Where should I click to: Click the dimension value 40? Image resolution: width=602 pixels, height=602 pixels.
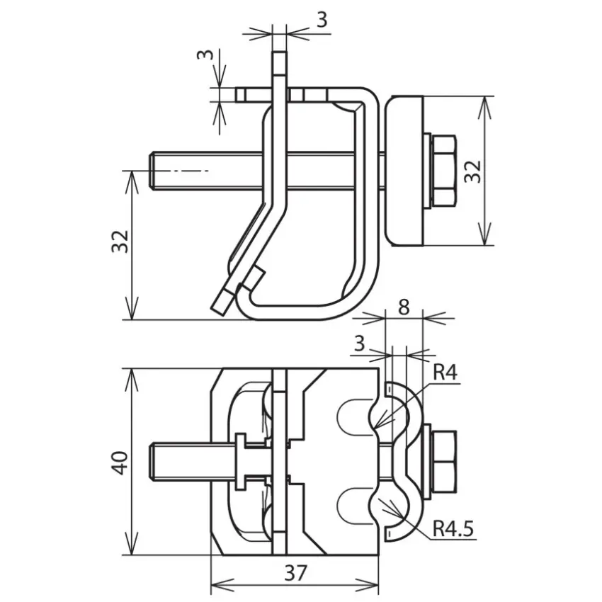pyautogui.click(x=120, y=463)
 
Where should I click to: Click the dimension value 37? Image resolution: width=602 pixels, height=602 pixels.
pyautogui.click(x=295, y=573)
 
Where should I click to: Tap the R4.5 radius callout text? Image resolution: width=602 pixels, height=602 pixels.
pyautogui.click(x=453, y=528)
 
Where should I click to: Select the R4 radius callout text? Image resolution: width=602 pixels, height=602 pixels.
pyautogui.click(x=445, y=372)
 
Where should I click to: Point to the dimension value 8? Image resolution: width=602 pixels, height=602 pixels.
pyautogui.click(x=404, y=307)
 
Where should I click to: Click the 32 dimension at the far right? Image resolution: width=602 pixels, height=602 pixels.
pyautogui.click(x=472, y=171)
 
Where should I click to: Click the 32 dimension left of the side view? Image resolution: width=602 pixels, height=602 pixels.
pyautogui.click(x=120, y=241)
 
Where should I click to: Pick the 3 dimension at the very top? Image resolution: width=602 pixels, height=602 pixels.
pyautogui.click(x=322, y=20)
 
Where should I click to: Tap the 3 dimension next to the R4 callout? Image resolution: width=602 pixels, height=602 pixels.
pyautogui.click(x=359, y=343)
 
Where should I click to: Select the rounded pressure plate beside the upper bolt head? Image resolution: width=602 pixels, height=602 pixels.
pyautogui.click(x=404, y=171)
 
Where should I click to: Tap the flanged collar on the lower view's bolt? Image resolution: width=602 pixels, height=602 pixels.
pyautogui.click(x=241, y=462)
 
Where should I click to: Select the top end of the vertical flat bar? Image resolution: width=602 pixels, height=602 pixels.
pyautogui.click(x=279, y=52)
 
